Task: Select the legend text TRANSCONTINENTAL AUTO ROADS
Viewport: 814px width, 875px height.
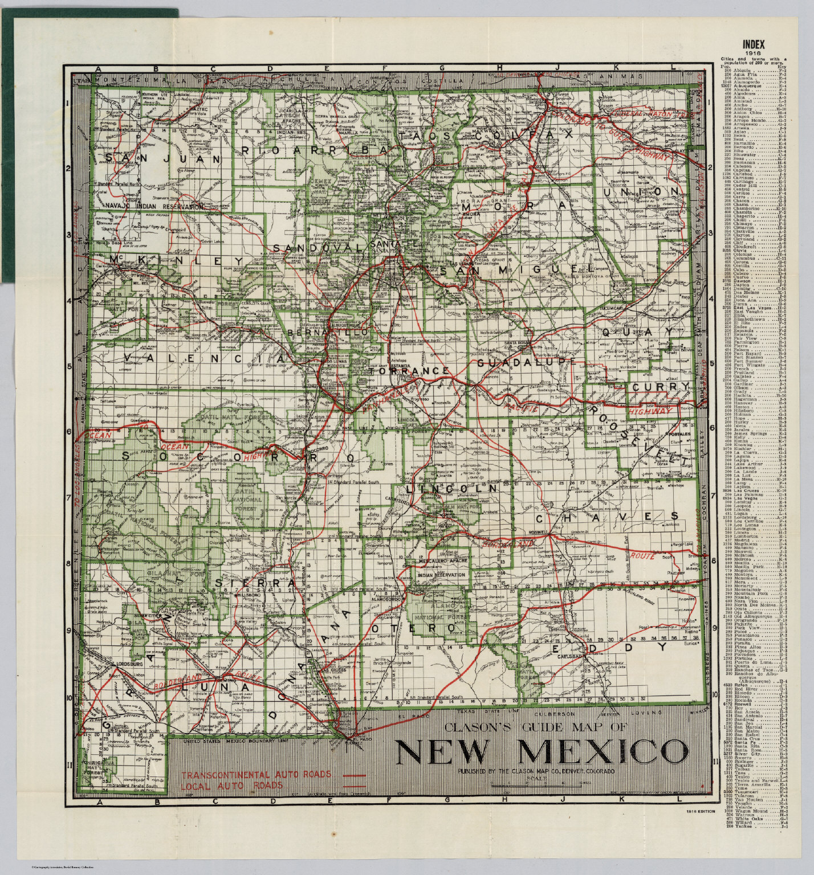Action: pos(256,775)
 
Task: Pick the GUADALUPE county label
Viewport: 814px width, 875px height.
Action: pos(523,362)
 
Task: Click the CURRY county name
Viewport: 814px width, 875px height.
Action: pos(660,387)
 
